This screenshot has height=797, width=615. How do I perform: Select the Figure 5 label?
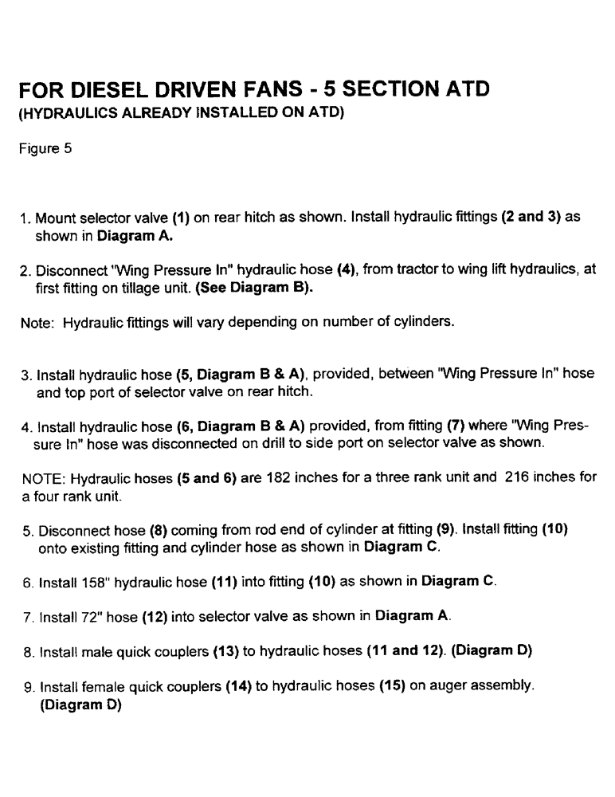pos(46,147)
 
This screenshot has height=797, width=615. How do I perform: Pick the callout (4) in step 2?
pos(325,270)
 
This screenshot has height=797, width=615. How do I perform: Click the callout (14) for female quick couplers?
pos(239,685)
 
